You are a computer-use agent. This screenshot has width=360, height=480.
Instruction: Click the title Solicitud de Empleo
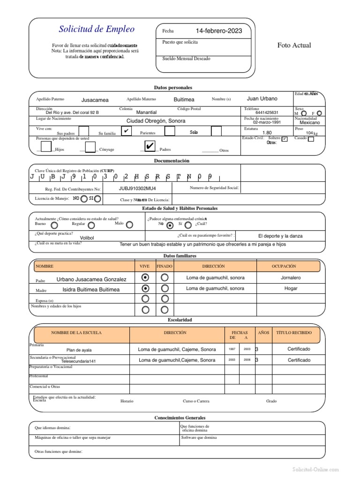point(97,29)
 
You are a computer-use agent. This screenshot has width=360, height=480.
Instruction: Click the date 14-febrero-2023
point(219,31)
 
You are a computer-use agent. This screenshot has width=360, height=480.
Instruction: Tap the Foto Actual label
point(294,45)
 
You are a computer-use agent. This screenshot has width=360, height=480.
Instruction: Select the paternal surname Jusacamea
point(95,100)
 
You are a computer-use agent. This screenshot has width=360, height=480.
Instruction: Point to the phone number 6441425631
point(267,112)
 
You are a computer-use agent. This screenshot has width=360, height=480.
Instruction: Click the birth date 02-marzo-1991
point(267,122)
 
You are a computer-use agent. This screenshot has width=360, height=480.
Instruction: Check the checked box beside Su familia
point(126,131)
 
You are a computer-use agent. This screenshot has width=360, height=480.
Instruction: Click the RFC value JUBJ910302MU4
point(137,188)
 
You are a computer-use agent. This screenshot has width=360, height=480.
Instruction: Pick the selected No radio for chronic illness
point(170,225)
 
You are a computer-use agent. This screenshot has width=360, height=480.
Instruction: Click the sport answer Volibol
point(87,238)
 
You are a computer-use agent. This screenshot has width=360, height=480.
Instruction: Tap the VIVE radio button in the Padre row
point(145,277)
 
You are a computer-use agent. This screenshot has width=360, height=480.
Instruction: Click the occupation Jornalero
point(291,278)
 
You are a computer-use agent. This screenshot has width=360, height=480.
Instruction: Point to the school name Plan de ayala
point(79,350)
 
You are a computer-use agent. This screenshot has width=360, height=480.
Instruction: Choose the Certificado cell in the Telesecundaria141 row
point(299,360)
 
